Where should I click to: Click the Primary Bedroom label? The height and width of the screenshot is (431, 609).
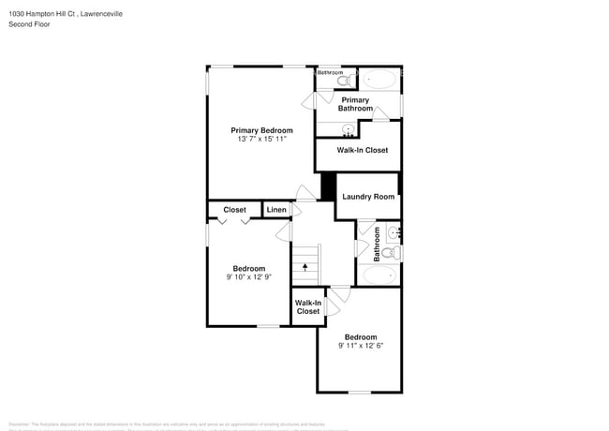pos(261,130)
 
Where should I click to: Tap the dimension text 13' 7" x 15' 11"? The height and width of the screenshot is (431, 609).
pos(261,140)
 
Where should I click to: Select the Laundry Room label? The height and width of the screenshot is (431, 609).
pos(367,197)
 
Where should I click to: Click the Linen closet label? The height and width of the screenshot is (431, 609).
pos(276,210)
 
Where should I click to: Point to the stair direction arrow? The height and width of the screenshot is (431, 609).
pos(304,268)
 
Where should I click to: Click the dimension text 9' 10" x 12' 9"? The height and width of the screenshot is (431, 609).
pos(248,277)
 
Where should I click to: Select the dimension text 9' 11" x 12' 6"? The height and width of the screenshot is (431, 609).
pos(361,346)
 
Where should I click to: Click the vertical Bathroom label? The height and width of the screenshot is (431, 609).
pos(378,244)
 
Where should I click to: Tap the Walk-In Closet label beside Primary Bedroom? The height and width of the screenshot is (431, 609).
pos(363,150)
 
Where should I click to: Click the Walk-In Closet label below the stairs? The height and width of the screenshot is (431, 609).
pos(308,307)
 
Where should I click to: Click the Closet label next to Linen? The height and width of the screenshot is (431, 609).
pos(234,210)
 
